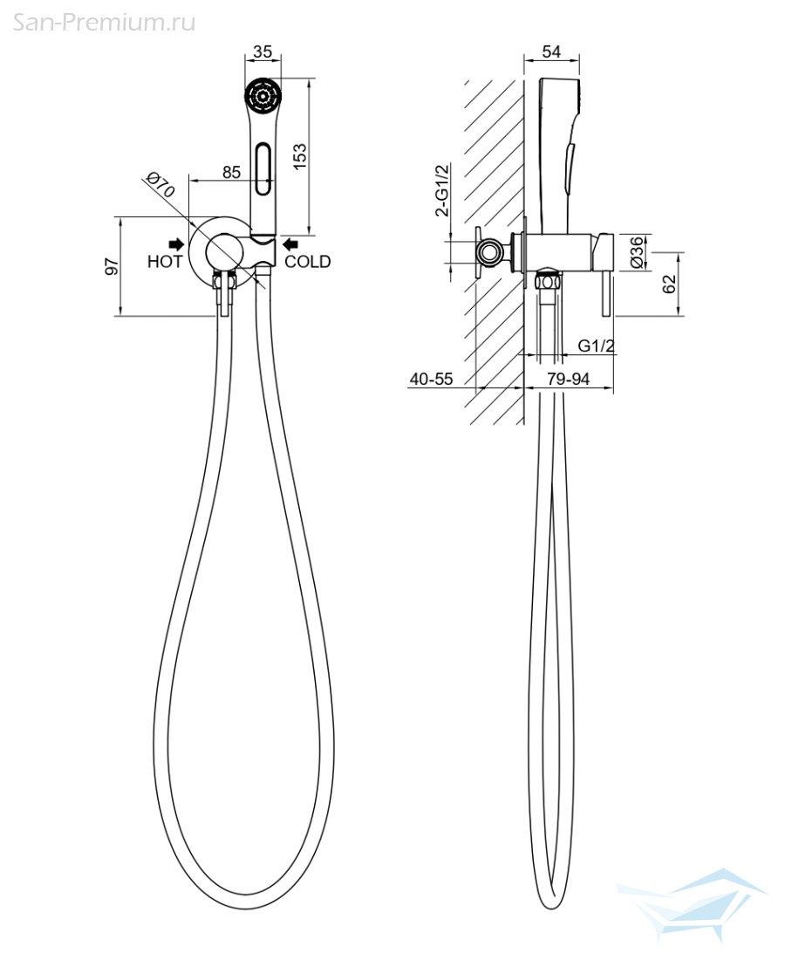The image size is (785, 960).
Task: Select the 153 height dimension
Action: click(x=300, y=156)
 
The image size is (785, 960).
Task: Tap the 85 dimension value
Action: click(x=231, y=172)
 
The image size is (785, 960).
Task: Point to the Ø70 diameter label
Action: click(x=160, y=184)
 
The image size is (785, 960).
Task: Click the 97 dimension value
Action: click(x=112, y=266)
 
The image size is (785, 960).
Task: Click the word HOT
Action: click(x=165, y=262)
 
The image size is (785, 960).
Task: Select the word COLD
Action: click(x=308, y=262)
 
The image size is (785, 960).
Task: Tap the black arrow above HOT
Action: click(x=176, y=244)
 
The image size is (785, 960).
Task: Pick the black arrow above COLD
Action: click(x=290, y=244)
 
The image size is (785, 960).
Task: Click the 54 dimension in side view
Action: click(x=551, y=51)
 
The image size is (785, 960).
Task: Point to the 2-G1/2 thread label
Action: click(x=441, y=190)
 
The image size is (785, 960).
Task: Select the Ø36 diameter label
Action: click(x=637, y=251)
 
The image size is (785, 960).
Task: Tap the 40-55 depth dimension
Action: click(x=432, y=379)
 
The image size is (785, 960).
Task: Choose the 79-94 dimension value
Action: click(x=569, y=379)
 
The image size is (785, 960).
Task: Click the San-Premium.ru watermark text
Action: click(x=105, y=24)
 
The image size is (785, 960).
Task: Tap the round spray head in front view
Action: click(x=263, y=95)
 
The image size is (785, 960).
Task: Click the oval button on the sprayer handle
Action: click(x=263, y=168)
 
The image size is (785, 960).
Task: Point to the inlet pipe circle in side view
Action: click(x=489, y=251)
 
